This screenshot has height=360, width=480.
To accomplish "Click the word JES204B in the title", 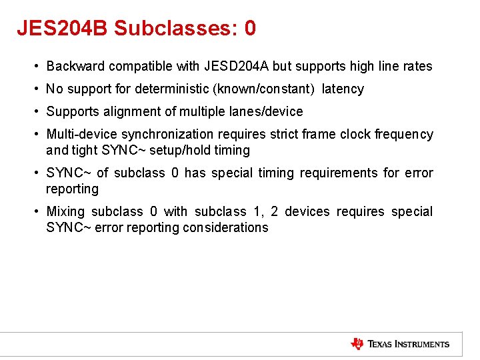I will pyautogui.click(x=63, y=28).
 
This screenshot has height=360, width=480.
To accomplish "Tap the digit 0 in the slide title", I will pyautogui.click(x=250, y=28).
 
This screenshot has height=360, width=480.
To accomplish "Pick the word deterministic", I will pyautogui.click(x=174, y=89).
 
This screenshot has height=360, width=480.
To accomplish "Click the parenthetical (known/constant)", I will pyautogui.click(x=271, y=89).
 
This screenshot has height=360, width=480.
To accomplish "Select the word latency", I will pyautogui.click(x=343, y=89).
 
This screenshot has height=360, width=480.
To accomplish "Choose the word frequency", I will pyautogui.click(x=406, y=134).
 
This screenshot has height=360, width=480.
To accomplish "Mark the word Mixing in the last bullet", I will pyautogui.click(x=65, y=211).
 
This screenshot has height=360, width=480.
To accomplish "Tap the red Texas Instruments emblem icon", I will pyautogui.click(x=357, y=344).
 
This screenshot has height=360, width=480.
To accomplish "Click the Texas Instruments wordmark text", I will pyautogui.click(x=409, y=344).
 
